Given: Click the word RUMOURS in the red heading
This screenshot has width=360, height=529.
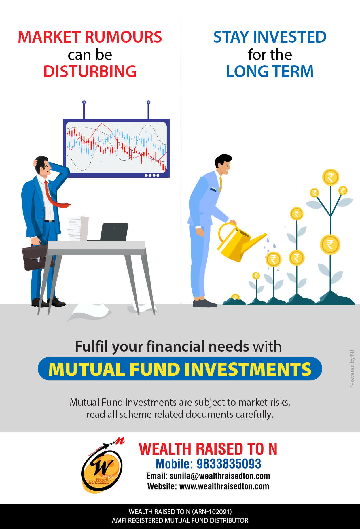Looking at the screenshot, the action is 123,37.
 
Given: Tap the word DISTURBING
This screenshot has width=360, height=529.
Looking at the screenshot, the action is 90,71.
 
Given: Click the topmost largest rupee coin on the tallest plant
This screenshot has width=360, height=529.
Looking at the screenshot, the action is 331,177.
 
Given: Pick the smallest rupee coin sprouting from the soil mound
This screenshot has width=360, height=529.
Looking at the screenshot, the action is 236,297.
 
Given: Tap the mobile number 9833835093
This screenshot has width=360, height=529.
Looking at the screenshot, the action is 229,464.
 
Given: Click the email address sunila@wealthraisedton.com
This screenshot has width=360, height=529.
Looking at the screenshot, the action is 220,476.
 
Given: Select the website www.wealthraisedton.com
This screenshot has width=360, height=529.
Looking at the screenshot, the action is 224,486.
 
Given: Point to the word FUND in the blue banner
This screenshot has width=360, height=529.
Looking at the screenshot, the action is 155,369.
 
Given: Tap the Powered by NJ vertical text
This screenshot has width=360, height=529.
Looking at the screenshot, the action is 352,369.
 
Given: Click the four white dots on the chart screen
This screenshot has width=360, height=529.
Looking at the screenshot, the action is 152,175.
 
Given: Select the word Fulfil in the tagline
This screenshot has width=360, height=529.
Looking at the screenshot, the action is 92,346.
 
